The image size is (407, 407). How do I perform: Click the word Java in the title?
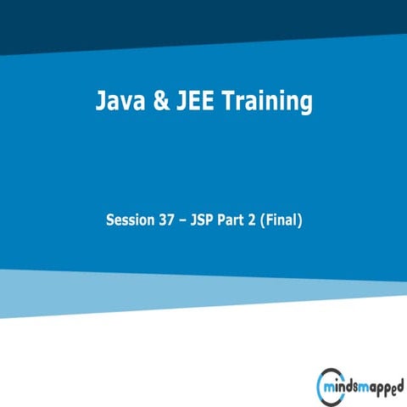118,103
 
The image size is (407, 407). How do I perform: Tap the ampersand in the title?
159,103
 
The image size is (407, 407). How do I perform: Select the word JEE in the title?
193,103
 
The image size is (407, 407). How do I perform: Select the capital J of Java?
99,103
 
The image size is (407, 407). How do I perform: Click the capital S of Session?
110,220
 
